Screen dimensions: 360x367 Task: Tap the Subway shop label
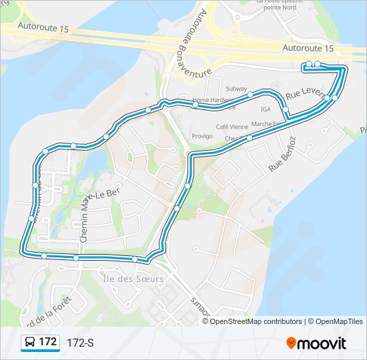pos(236,89)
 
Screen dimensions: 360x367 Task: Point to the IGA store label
pos(266,109)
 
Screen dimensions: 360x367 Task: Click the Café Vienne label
pos(232,126)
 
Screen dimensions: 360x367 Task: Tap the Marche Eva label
pos(266,125)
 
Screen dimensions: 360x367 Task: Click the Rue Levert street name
pos(304,92)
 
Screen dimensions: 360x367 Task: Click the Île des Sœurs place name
pos(133,279)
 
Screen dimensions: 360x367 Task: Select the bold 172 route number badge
pos(47,342)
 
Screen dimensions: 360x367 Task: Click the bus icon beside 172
pos(30,343)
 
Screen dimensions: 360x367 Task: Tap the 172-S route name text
pos(80,343)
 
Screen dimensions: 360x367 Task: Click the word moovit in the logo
pos(322,343)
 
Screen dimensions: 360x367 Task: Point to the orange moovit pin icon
pos(292,343)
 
